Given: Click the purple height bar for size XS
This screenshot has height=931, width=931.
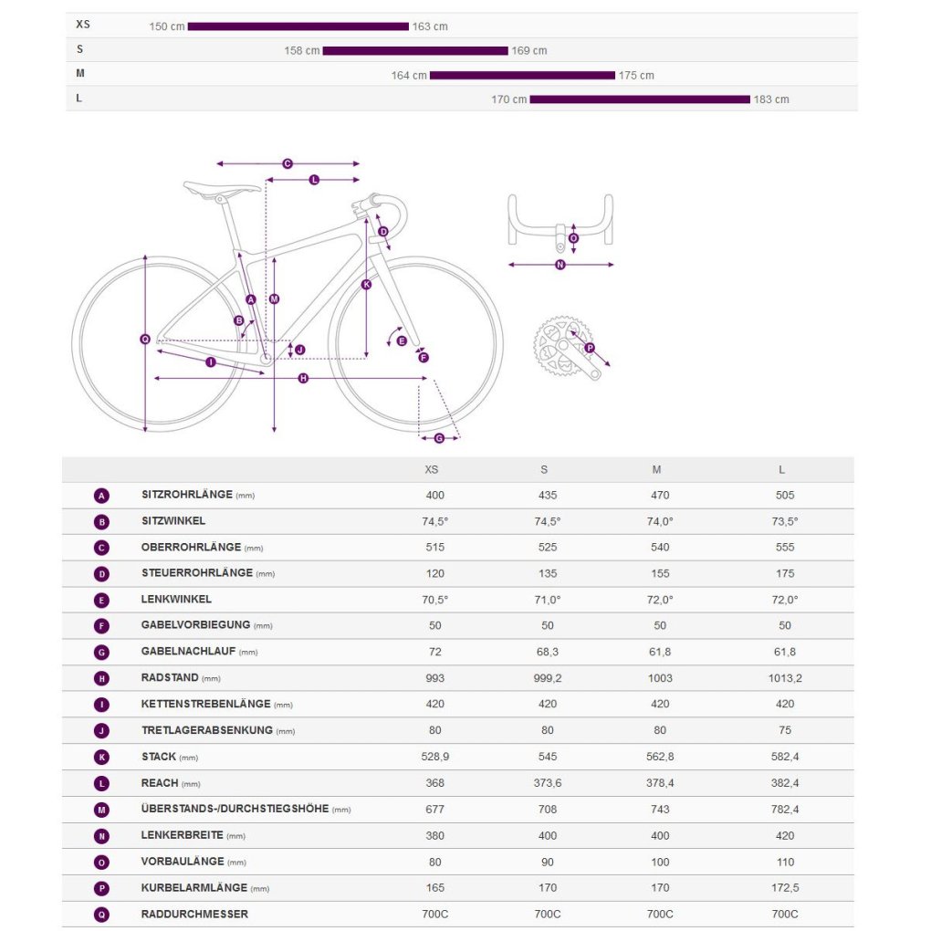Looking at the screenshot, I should pyautogui.click(x=298, y=26).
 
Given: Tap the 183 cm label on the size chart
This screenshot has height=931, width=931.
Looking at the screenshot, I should pyautogui.click(x=771, y=99).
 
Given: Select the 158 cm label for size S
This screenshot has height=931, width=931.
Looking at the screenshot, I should pyautogui.click(x=301, y=51).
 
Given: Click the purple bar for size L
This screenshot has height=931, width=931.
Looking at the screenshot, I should pyautogui.click(x=639, y=99).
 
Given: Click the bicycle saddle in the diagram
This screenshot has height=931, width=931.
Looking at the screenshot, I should pyautogui.click(x=222, y=190).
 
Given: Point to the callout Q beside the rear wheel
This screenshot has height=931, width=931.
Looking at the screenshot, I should pyautogui.click(x=144, y=340).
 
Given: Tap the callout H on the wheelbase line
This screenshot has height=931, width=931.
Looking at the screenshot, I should pyautogui.click(x=303, y=378).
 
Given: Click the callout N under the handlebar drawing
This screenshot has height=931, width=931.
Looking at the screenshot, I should pyautogui.click(x=560, y=266).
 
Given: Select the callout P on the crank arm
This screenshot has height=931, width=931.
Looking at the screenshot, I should pyautogui.click(x=590, y=348).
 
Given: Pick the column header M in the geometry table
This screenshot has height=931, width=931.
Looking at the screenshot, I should pyautogui.click(x=656, y=470).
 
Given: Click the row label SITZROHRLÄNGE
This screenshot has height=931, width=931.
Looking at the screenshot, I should pyautogui.click(x=187, y=495).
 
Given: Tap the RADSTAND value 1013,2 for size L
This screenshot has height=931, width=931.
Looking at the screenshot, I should pyautogui.click(x=785, y=678).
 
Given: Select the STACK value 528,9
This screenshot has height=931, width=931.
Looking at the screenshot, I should pyautogui.click(x=435, y=757).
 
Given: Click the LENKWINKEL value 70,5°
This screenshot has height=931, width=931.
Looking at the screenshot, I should pyautogui.click(x=435, y=600).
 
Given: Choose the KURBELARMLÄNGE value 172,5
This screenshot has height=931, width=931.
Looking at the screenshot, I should pyautogui.click(x=785, y=888).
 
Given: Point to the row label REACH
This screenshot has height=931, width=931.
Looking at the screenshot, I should pyautogui.click(x=160, y=783).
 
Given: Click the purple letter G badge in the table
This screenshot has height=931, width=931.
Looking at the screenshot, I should pyautogui.click(x=101, y=653).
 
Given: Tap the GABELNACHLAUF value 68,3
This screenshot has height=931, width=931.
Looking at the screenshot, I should pyautogui.click(x=544, y=652).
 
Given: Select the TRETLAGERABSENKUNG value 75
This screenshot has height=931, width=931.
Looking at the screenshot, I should pyautogui.click(x=785, y=730).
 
